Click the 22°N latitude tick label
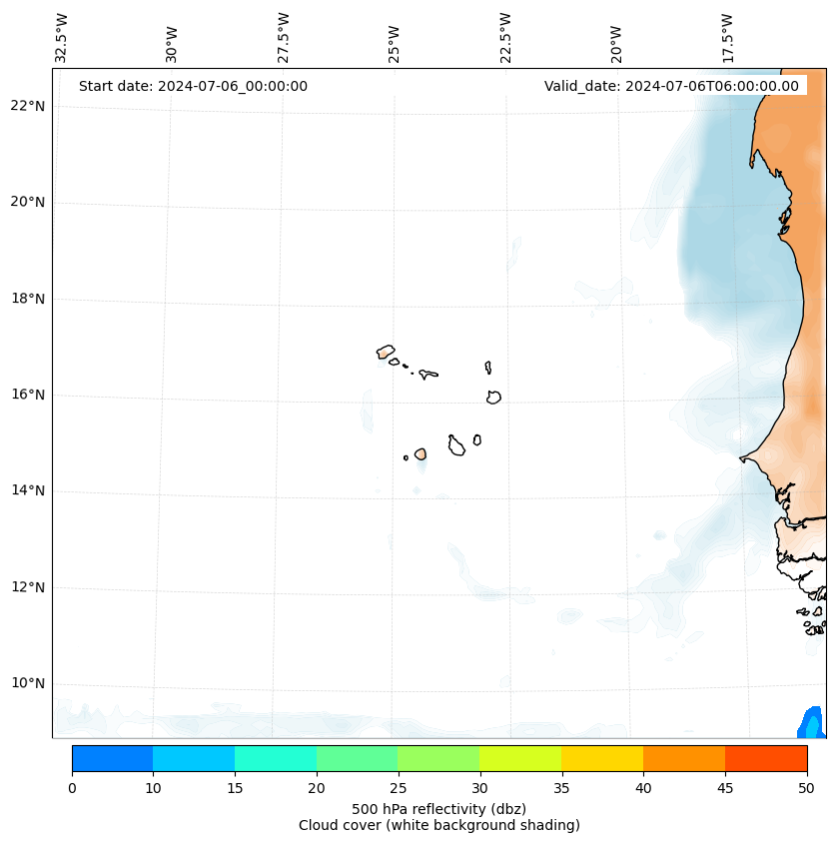[x=28, y=106]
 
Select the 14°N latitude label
[x=28, y=490]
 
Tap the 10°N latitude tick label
[x=28, y=683]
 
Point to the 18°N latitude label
[x=28, y=299]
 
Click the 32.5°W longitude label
[x=62, y=38]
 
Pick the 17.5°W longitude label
[x=728, y=38]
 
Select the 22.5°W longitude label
[x=505, y=38]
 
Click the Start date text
[x=193, y=86]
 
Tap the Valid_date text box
[x=671, y=86]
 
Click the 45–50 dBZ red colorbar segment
[x=765, y=758]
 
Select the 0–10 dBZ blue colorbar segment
[x=112, y=758]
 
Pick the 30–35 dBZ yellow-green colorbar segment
[x=519, y=758]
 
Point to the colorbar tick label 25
[x=398, y=788]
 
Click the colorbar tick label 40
[x=643, y=788]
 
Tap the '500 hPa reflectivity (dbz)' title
[x=438, y=808]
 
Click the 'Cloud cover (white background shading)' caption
[x=438, y=825]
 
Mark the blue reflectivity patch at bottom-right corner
[x=812, y=723]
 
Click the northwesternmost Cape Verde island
[x=386, y=351]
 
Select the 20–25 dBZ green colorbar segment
[x=357, y=758]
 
